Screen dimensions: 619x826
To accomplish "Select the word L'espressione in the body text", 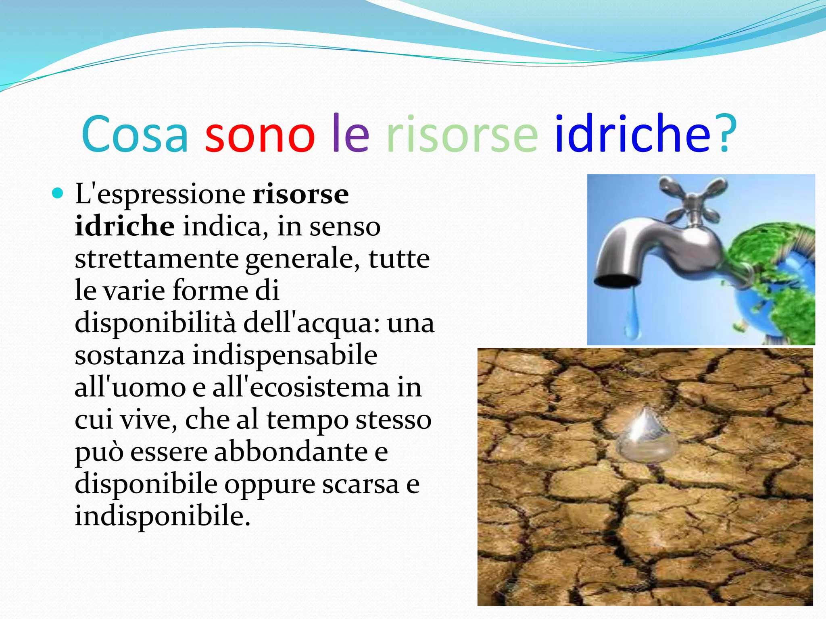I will pyautogui.click(x=160, y=195).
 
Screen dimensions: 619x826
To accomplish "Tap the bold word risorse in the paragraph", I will pyautogui.click(x=300, y=195).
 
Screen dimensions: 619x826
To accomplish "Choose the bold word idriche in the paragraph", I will pyautogui.click(x=125, y=226).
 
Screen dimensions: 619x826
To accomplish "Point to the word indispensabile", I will pyautogui.click(x=284, y=355).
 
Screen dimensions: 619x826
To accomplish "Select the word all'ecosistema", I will pyautogui.click(x=301, y=388).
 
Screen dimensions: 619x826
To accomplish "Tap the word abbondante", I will pyautogui.click(x=291, y=452).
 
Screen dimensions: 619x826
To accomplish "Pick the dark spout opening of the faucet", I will pyautogui.click(x=617, y=281).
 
